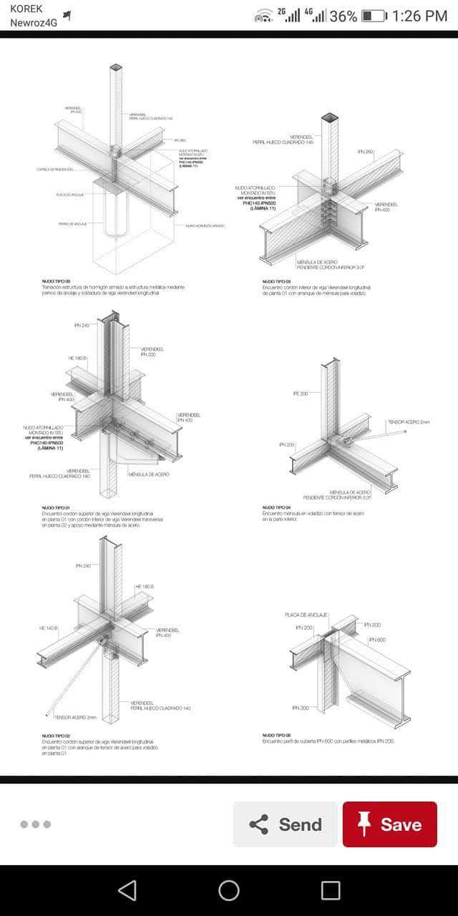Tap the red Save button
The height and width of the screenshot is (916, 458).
[389, 824]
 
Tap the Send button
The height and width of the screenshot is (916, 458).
[285, 824]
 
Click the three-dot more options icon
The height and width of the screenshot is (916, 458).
[35, 824]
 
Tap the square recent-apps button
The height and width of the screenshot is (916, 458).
[331, 890]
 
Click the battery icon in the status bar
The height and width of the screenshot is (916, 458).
[374, 16]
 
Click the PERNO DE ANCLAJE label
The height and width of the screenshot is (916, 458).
[72, 224]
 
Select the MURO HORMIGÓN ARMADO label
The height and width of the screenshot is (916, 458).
[205, 225]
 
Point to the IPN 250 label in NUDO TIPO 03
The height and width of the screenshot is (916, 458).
[365, 152]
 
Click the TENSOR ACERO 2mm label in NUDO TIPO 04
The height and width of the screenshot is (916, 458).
[409, 422]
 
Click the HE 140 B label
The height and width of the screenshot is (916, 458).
[49, 628]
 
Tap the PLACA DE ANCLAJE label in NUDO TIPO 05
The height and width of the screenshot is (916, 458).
[306, 615]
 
